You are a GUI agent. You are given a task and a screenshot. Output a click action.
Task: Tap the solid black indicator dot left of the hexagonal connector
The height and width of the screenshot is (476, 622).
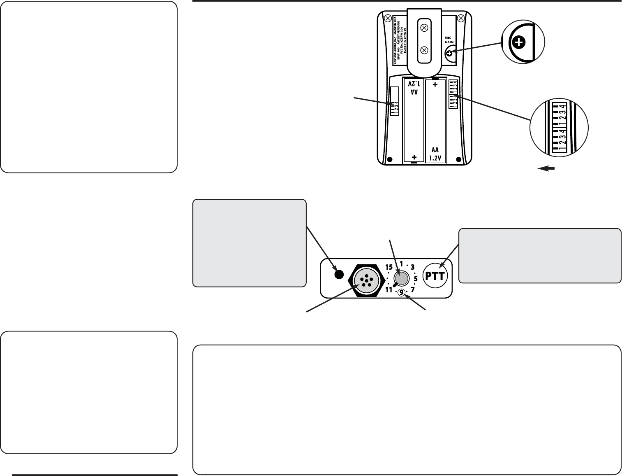point(338,275)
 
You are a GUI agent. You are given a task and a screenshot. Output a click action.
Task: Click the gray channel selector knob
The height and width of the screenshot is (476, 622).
point(401,278)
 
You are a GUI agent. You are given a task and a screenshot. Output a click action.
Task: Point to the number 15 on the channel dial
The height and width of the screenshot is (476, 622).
point(389,267)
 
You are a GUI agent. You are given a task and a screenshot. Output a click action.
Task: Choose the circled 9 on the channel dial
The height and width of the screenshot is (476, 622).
point(401,292)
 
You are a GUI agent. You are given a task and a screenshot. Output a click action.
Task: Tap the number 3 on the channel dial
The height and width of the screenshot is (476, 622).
point(413,266)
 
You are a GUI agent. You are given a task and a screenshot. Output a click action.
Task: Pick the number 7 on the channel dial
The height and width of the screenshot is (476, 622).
point(413,290)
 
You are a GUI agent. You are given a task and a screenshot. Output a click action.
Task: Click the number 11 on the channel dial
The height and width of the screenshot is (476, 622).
point(389,290)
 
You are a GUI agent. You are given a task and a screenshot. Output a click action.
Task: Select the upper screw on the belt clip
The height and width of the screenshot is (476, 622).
point(424,28)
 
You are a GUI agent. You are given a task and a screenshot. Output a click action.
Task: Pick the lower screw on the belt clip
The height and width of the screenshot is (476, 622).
point(424,51)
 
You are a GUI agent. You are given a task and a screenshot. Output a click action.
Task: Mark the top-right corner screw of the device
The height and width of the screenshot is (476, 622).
point(461,18)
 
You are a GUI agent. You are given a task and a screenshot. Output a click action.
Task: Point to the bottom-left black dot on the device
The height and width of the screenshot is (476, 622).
point(391,159)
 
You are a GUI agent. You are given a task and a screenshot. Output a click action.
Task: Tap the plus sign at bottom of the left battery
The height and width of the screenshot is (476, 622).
point(414,157)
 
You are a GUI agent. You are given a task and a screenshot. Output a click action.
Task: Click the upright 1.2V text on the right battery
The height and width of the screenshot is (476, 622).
point(435,157)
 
